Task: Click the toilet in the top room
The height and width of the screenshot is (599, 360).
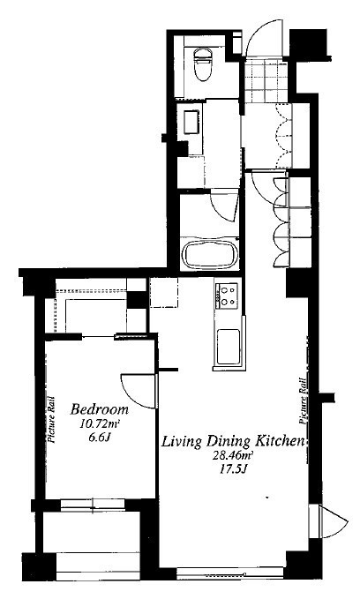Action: [x=203, y=64]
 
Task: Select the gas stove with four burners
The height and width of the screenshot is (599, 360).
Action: [x=227, y=296]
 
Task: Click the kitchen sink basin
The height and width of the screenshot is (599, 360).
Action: [x=229, y=347]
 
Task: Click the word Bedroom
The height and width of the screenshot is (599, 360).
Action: [x=100, y=409]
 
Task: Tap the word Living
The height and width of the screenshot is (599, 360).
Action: [x=181, y=442]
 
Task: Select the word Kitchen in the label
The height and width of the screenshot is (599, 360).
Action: [x=281, y=441]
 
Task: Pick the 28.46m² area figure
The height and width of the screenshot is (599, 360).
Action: [x=232, y=455]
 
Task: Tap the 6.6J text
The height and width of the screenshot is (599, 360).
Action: [x=99, y=438]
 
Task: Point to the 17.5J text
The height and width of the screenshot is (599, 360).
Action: [x=232, y=468]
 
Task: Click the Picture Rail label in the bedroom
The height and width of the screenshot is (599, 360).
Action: [x=51, y=420]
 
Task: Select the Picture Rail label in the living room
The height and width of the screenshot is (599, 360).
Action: [x=304, y=401]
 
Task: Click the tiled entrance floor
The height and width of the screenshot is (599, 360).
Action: [x=266, y=80]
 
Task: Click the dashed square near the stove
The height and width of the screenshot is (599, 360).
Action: [x=164, y=293]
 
